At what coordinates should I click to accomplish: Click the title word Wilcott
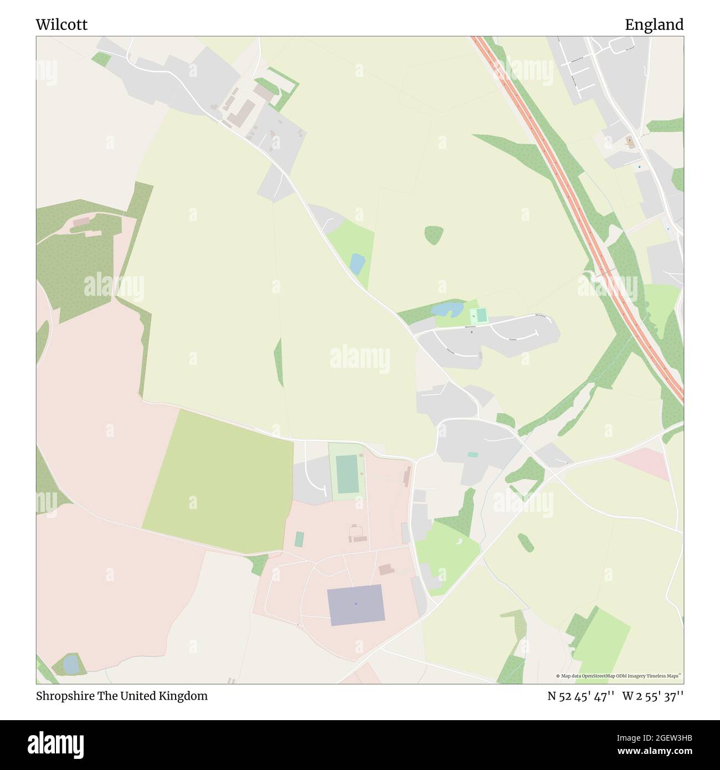click(x=61, y=25)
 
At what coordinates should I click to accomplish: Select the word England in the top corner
click(x=654, y=25)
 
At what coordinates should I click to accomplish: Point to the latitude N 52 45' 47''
click(x=581, y=696)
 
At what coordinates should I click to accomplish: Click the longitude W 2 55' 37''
click(x=653, y=696)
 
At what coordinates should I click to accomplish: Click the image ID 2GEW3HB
click(x=654, y=738)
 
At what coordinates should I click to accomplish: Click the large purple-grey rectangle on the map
click(x=356, y=604)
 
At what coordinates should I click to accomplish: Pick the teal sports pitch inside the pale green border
click(x=347, y=474)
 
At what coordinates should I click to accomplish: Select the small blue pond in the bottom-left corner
click(x=71, y=664)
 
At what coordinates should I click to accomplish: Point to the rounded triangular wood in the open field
click(x=434, y=235)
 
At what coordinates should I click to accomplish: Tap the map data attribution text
click(x=619, y=676)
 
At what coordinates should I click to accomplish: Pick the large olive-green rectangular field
click(x=219, y=481)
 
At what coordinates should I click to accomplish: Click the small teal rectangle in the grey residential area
click(x=472, y=455)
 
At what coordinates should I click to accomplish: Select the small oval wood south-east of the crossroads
click(x=526, y=542)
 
